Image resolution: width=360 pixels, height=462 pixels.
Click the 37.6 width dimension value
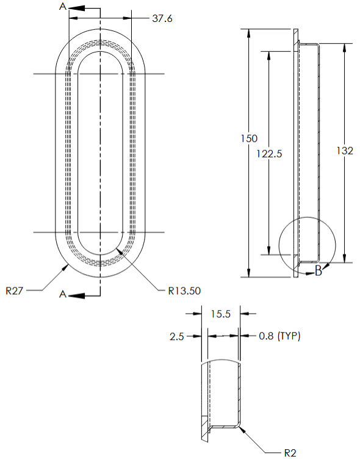click(x=162, y=19)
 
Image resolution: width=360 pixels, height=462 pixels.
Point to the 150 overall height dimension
click(x=248, y=139)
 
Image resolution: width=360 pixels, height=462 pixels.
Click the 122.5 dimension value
click(x=270, y=154)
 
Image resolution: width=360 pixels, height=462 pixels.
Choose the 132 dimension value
click(x=345, y=151)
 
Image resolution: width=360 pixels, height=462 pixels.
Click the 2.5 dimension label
click(x=176, y=336)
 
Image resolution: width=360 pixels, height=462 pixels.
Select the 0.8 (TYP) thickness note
click(x=279, y=336)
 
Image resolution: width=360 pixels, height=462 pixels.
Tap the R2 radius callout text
click(x=290, y=453)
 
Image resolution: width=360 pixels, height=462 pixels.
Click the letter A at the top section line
click(x=63, y=7)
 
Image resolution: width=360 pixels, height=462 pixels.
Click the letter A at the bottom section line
click(x=63, y=294)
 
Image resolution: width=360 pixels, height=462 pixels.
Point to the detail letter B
click(x=318, y=272)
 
